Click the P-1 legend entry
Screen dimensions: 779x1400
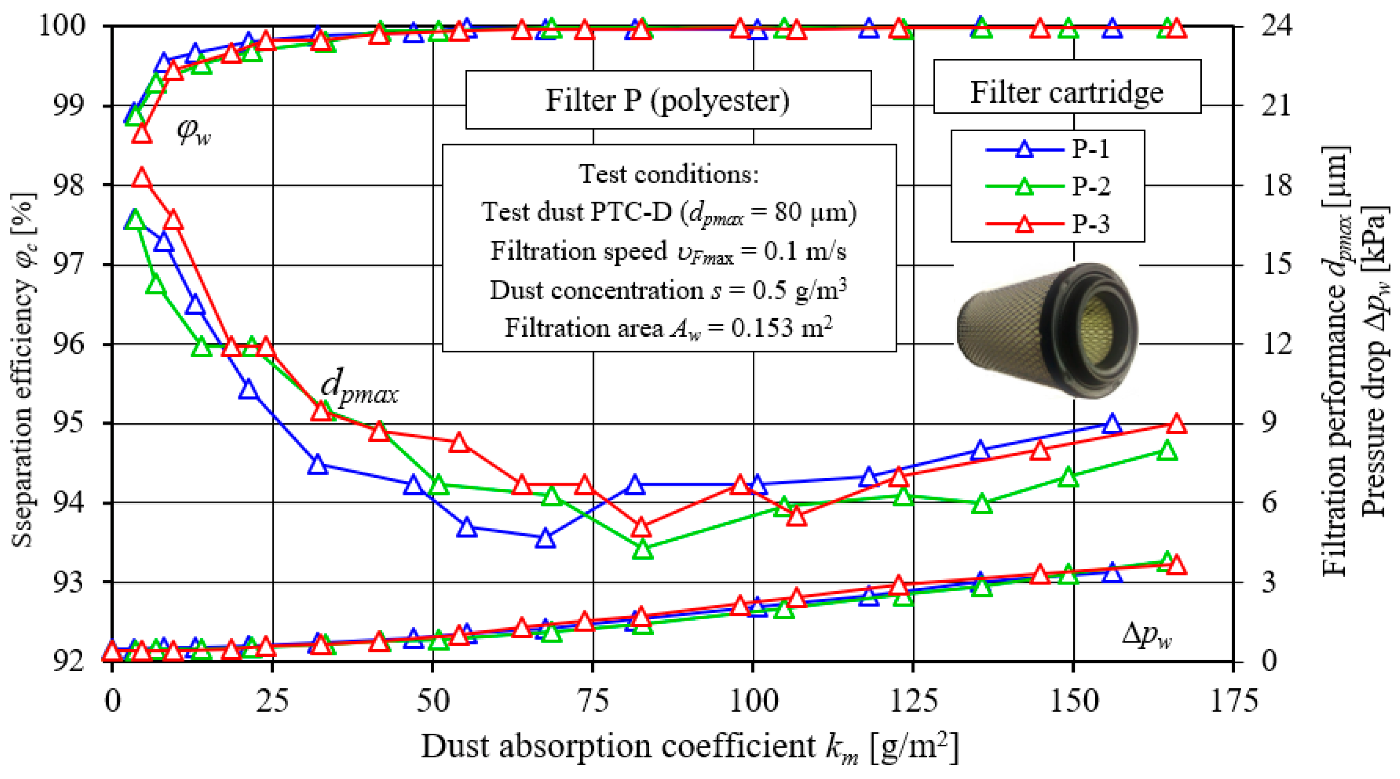tap(1048, 148)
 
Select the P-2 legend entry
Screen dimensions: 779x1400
tap(1048, 186)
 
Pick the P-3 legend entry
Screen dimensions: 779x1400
tap(1048, 224)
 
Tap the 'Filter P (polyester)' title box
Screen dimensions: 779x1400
tap(668, 100)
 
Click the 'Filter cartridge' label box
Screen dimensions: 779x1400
tap(1067, 92)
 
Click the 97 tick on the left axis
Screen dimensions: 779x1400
tap(69, 265)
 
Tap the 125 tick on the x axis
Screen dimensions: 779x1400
tap(914, 701)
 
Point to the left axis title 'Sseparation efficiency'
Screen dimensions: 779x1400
tap(23, 370)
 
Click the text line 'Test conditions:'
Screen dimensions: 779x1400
tap(669, 175)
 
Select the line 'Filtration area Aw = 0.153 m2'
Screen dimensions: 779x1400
tap(669, 328)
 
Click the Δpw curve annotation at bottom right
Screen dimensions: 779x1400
tap(1147, 635)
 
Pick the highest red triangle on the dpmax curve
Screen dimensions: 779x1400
tap(142, 178)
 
